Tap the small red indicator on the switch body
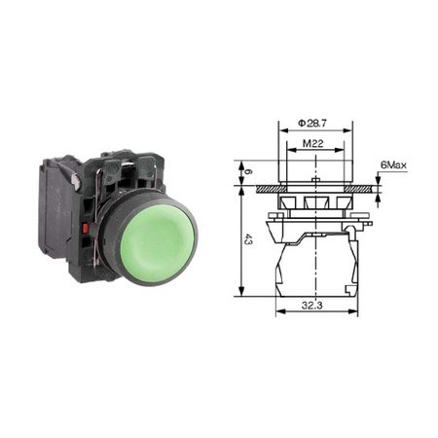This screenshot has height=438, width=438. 86,229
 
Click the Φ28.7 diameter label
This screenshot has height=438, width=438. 312,124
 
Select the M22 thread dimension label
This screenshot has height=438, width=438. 313,143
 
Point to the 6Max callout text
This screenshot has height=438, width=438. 393,165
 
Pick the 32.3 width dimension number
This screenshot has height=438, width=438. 312,306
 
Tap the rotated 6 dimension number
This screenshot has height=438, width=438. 247,172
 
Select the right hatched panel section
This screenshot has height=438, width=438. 359,189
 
